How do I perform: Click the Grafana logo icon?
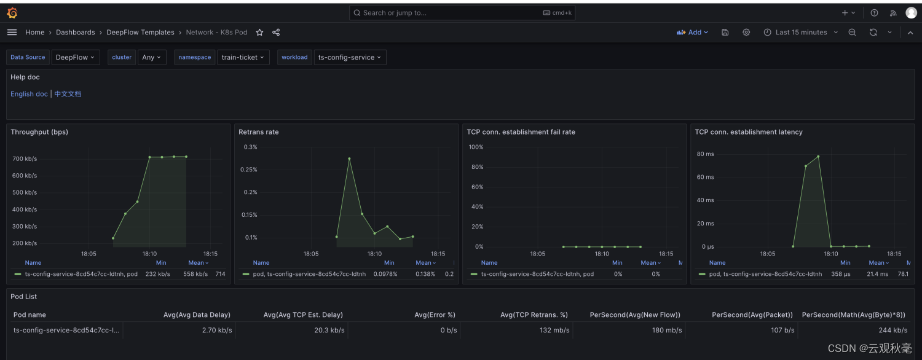[12, 13]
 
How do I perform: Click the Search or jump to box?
[462, 13]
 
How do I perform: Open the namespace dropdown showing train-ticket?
[243, 57]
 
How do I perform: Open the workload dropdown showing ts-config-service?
[350, 57]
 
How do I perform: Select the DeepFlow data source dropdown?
[76, 57]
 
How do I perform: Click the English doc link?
[29, 94]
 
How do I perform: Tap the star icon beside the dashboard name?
[259, 32]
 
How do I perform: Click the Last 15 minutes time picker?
[800, 32]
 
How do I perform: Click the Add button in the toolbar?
[692, 32]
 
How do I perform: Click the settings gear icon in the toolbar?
[746, 32]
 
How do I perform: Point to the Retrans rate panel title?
[259, 131]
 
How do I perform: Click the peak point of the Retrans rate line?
[349, 158]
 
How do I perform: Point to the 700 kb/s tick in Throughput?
[25, 158]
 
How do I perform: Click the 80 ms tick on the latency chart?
[705, 154]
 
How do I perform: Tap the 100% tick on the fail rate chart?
[476, 147]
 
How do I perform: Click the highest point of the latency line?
[818, 156]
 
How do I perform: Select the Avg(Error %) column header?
[435, 315]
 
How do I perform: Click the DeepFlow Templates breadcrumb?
[140, 32]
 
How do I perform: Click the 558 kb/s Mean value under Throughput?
[195, 273]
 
